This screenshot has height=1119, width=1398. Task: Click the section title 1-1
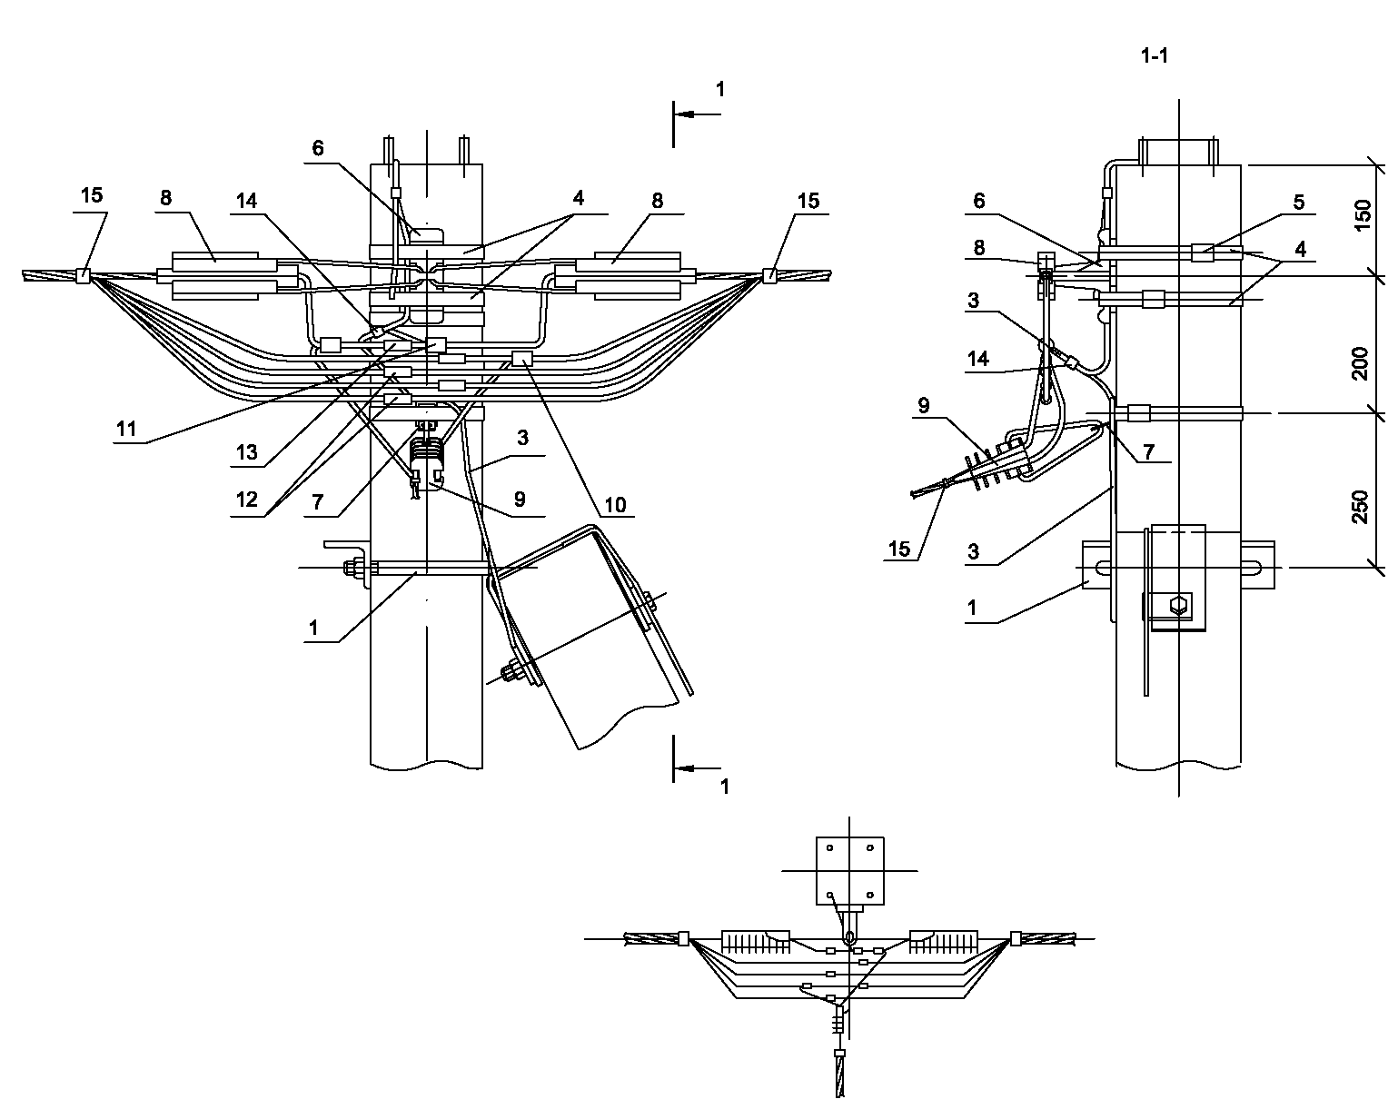(1155, 56)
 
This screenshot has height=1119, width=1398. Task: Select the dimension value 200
(1361, 363)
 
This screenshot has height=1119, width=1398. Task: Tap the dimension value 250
(1361, 507)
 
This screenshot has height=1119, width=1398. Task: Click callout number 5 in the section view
(1299, 202)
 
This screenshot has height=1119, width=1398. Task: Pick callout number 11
(126, 429)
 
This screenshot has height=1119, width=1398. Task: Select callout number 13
(247, 452)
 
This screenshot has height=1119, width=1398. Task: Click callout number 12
(247, 500)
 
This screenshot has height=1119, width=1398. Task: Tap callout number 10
(615, 505)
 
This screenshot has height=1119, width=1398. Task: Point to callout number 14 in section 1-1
(977, 359)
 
